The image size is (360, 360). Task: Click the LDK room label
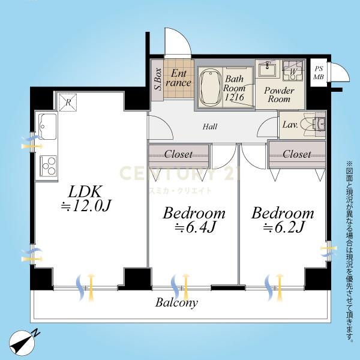(85, 192)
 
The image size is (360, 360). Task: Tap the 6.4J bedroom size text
(195, 227)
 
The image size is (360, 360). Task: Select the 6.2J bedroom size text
(284, 227)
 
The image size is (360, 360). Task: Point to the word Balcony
(176, 302)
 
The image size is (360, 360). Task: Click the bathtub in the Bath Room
(210, 88)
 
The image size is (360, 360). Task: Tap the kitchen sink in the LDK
(47, 127)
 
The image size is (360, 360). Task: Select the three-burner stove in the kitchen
(48, 166)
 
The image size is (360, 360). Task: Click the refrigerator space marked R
(68, 103)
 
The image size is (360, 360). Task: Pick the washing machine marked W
(293, 71)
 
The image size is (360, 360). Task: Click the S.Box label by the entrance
(158, 79)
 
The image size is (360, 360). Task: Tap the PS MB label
(318, 73)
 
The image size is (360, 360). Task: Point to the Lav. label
(290, 125)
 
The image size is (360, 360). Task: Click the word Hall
(210, 127)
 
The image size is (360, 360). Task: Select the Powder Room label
(279, 95)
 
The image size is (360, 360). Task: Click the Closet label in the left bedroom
(178, 154)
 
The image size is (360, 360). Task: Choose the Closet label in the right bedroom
(296, 154)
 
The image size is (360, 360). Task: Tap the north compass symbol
(23, 343)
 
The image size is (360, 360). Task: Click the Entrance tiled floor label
(178, 78)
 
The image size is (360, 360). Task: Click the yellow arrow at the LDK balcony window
(91, 287)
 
